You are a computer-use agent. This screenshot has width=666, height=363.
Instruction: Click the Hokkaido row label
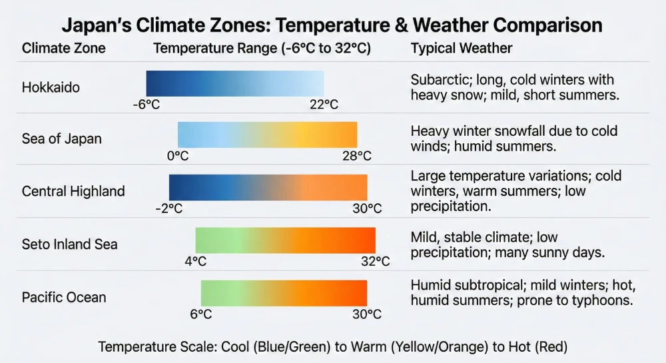coord(51,87)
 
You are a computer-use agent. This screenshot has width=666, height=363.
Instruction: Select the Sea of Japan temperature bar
coord(267,135)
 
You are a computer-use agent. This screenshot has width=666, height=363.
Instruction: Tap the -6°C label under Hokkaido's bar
coord(147,105)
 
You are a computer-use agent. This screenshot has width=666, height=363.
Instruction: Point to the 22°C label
coord(324,105)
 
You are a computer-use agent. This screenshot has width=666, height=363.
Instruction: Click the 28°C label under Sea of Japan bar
coord(357,156)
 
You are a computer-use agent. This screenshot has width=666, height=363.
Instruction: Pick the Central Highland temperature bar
coord(268,187)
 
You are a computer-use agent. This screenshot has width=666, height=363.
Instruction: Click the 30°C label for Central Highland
coord(367,208)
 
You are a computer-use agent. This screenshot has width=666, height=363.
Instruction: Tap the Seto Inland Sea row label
coord(69,244)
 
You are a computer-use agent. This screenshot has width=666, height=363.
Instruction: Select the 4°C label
coord(196,261)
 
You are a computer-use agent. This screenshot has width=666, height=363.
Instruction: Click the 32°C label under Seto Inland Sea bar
coord(375,261)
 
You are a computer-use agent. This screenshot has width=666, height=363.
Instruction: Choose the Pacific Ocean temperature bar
coord(284,293)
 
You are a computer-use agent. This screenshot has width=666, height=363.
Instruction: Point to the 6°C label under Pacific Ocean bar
coord(201,314)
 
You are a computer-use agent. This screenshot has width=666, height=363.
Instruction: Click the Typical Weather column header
coord(462,49)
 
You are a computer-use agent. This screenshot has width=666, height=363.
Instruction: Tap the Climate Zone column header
coord(63,49)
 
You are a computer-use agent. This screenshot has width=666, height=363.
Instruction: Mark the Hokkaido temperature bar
coord(235,83)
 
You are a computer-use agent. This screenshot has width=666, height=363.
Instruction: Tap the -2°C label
coord(168,208)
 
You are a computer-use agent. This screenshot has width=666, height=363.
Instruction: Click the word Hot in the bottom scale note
coord(523,347)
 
